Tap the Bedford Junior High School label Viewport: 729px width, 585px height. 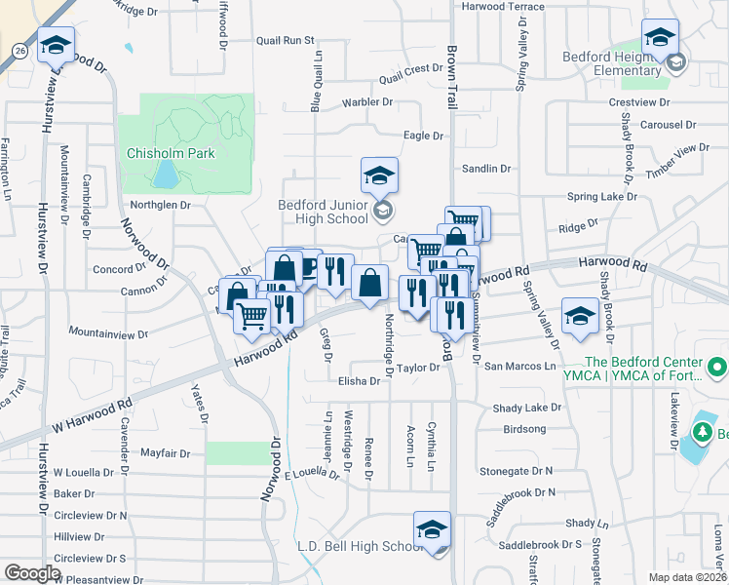[x=323, y=212]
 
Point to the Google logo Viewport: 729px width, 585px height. [x=32, y=572]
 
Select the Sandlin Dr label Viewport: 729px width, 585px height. [x=487, y=169]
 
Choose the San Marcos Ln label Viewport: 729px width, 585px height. [x=520, y=367]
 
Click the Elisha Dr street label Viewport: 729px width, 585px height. [x=360, y=381]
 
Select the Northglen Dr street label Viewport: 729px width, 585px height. [x=161, y=205]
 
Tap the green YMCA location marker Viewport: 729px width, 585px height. [x=718, y=368]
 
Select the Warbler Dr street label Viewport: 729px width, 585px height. [x=367, y=101]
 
